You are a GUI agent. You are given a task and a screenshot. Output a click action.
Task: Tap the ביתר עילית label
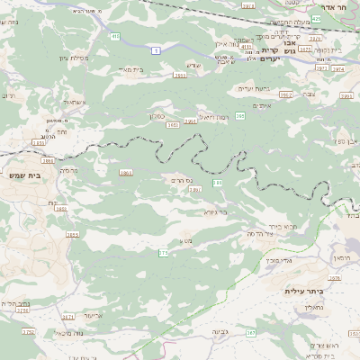coord(303,291)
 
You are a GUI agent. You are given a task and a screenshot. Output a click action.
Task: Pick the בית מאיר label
coord(131,69)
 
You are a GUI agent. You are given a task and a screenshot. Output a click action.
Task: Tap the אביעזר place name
coord(94,316)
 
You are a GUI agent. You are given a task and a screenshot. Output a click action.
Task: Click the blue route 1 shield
coord(155,50)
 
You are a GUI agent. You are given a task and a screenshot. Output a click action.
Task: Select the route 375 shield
coord(163,254)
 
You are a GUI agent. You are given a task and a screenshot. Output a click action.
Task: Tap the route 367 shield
coord(251,333)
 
